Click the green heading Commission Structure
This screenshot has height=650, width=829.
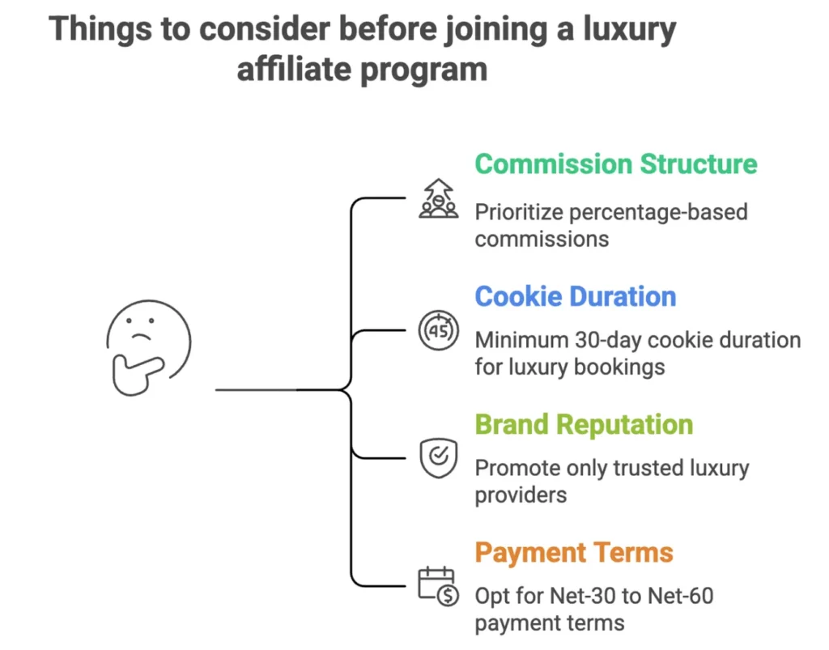tap(615, 164)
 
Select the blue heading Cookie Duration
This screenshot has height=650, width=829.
tap(575, 296)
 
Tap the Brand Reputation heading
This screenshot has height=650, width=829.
tap(583, 425)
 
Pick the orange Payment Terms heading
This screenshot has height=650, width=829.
tap(573, 553)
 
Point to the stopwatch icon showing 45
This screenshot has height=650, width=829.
tap(439, 330)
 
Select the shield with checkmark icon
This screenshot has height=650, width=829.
tap(438, 458)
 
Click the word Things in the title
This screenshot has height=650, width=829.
tap(96, 30)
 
